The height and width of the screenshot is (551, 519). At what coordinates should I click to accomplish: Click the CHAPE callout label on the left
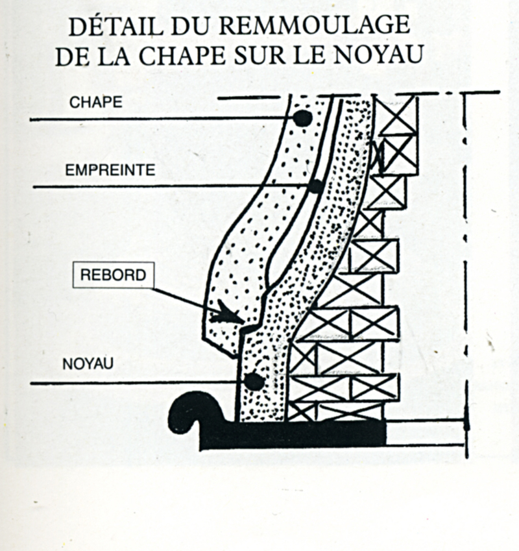[96, 103]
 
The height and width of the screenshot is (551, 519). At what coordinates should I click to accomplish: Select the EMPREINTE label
[110, 170]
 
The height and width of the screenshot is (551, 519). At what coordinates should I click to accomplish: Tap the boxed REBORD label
[113, 275]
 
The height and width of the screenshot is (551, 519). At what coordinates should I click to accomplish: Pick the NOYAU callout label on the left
[88, 364]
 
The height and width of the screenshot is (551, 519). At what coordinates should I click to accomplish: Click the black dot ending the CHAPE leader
[302, 118]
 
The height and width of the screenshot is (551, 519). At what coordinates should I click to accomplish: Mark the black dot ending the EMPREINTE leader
[316, 186]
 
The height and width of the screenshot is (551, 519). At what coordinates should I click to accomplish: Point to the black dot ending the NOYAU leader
[254, 382]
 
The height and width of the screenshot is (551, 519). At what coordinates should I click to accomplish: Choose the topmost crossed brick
[398, 115]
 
